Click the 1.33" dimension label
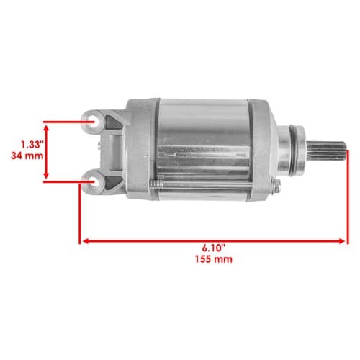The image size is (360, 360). [x=32, y=145]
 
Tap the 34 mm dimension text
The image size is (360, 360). [x=27, y=156]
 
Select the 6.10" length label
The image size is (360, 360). [x=213, y=248]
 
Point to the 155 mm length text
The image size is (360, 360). [x=213, y=259]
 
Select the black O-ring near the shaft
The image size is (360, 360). [x=293, y=150]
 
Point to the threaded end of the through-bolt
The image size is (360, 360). [x=156, y=184]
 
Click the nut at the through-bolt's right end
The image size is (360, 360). [x=277, y=186]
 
